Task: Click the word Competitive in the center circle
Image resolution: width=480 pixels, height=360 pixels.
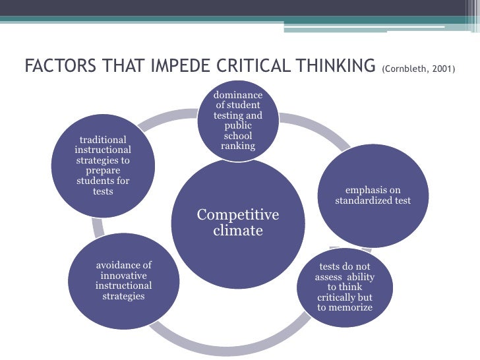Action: [238, 215]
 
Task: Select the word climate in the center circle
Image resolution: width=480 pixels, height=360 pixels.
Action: [238, 231]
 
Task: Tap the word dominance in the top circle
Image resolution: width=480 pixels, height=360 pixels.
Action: [238, 95]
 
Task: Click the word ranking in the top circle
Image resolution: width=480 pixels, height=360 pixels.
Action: [238, 146]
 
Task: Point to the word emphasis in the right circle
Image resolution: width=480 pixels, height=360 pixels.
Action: [373, 191]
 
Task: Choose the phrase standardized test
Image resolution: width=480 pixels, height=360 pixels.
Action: [373, 200]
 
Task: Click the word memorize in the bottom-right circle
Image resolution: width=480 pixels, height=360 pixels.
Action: [351, 307]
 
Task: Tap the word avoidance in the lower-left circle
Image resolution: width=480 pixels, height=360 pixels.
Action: [124, 266]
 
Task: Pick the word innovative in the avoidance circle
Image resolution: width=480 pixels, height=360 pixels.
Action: [124, 276]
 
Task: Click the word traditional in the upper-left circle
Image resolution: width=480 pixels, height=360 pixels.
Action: [103, 140]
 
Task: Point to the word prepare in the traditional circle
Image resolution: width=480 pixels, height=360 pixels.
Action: [103, 171]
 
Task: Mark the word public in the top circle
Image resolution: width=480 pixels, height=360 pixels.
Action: [238, 125]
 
